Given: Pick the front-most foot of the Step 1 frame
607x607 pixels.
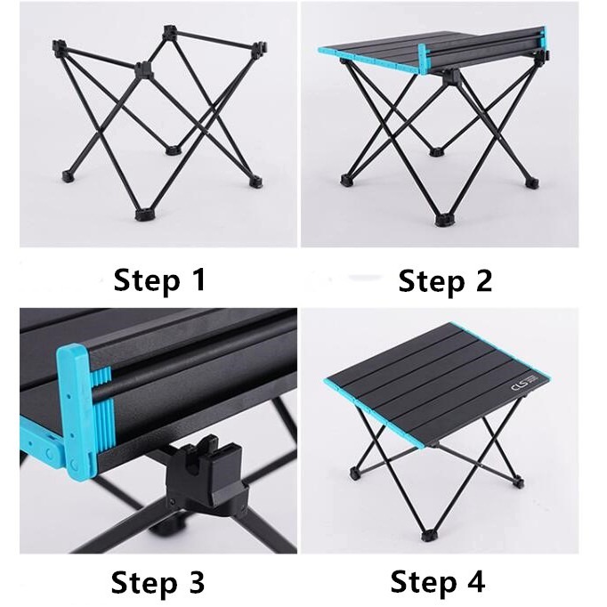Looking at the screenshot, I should tap(144, 214).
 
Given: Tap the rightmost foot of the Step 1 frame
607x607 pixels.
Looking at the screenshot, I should tap(256, 182).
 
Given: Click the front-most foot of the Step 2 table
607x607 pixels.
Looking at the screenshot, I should tap(441, 216).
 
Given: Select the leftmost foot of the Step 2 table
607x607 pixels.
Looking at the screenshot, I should tap(345, 180).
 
